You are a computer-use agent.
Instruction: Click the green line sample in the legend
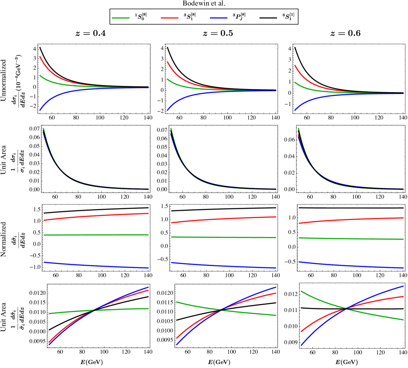point(121,18)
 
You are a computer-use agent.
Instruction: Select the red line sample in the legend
point(170,18)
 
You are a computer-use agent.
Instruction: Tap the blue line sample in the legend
point(219,18)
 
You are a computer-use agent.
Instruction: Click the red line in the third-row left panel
point(88,216)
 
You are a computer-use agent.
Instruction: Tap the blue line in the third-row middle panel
point(220,266)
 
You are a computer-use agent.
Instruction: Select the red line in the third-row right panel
point(352,219)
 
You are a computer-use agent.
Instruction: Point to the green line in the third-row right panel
point(352,238)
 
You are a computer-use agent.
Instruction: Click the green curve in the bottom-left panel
point(66,312)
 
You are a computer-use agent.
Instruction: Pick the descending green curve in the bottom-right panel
point(379,315)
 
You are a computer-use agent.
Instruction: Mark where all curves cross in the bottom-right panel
point(347,309)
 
